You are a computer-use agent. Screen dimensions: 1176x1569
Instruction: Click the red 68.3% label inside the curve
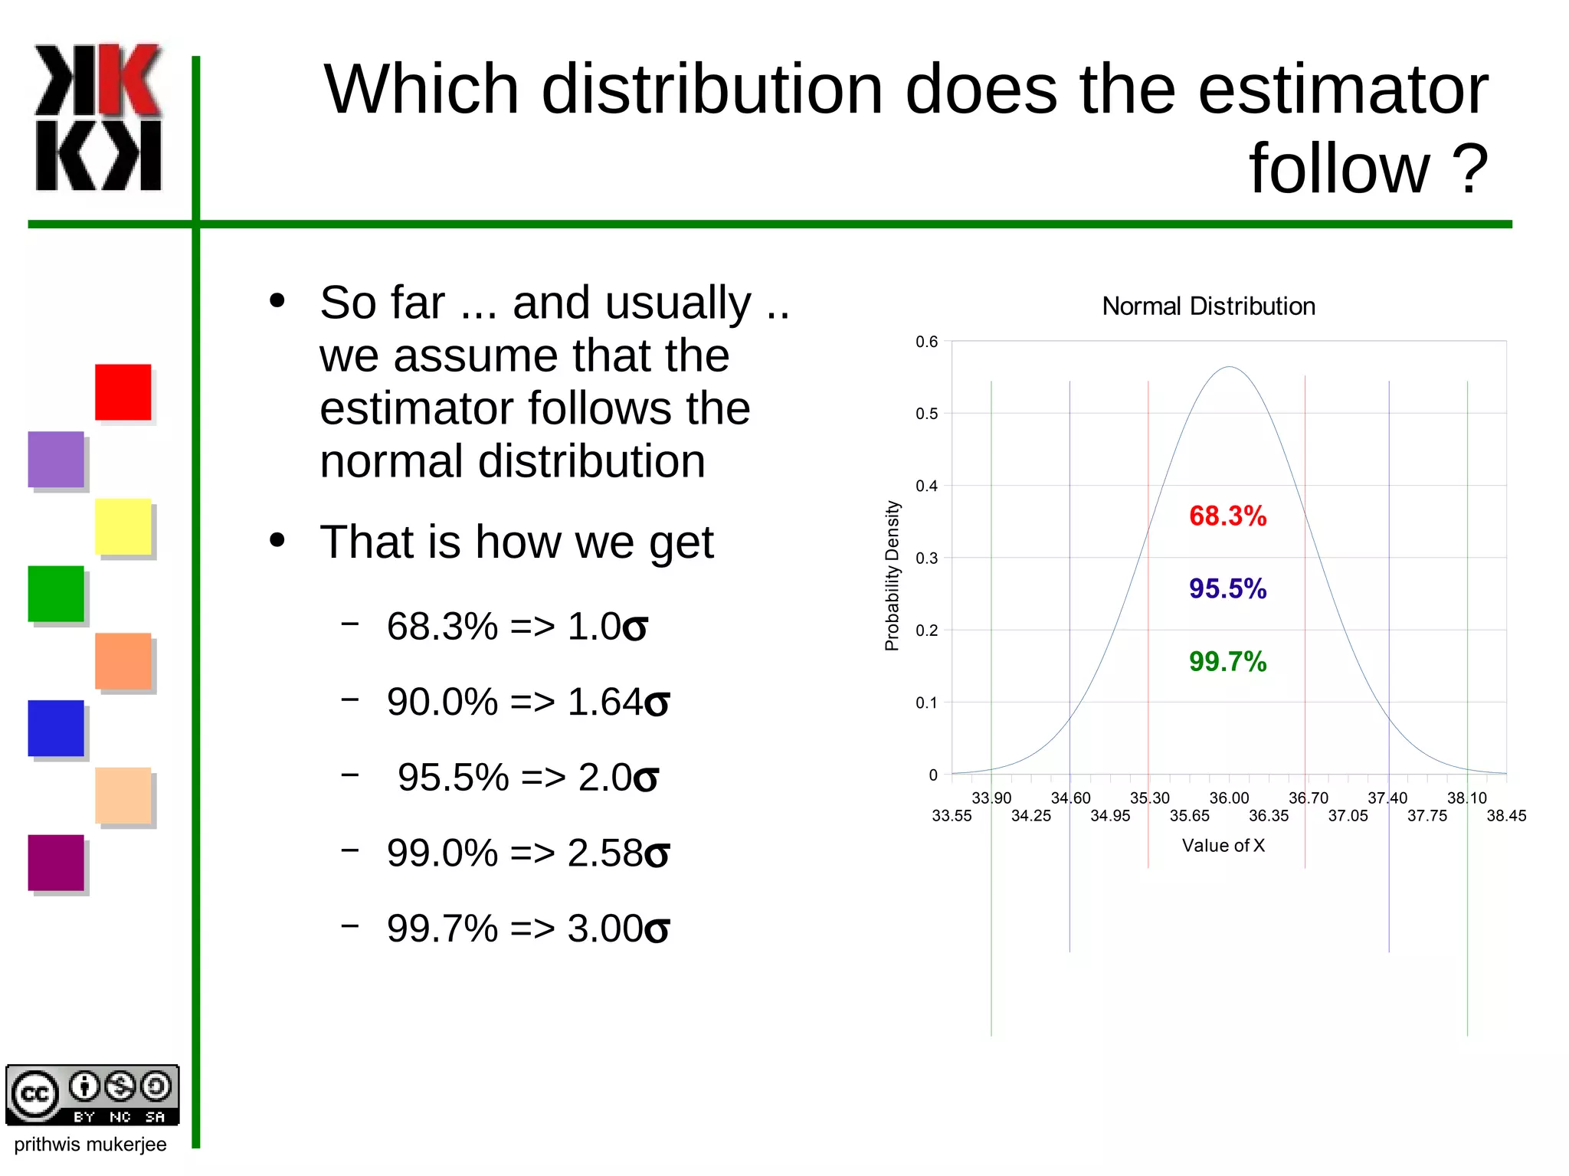click(1227, 516)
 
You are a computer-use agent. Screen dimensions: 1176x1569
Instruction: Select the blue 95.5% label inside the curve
click(1227, 589)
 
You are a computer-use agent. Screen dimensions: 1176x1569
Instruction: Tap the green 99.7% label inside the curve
click(1227, 662)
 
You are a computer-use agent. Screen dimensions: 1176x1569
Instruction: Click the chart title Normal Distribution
click(1208, 306)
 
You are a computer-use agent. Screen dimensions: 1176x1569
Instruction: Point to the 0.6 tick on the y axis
click(926, 342)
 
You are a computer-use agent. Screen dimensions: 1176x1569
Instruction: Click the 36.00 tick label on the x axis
click(1229, 798)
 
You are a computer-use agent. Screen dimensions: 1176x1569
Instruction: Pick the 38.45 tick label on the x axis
click(1506, 816)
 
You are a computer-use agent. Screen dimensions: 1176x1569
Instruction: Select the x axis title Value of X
click(1223, 846)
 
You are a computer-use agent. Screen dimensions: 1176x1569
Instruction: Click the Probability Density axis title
click(892, 575)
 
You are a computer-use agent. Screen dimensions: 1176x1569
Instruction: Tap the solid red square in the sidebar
click(123, 392)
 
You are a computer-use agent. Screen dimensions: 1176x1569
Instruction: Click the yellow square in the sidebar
click(123, 526)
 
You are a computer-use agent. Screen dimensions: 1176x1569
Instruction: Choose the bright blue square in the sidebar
click(56, 728)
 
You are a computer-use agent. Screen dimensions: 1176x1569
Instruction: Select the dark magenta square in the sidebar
click(56, 863)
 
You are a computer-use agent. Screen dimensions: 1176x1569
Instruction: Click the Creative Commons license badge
click(93, 1095)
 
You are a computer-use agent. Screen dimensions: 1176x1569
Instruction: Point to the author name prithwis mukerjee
click(90, 1145)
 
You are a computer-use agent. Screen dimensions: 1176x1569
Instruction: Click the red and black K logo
click(98, 116)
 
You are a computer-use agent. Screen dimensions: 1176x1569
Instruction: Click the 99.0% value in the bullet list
click(442, 853)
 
